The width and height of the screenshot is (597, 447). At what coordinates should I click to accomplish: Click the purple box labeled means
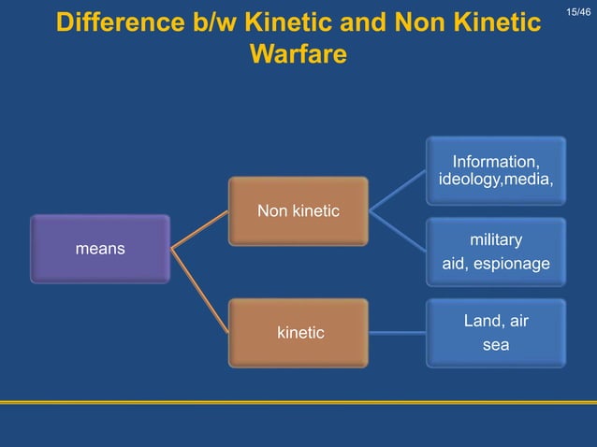[100, 249]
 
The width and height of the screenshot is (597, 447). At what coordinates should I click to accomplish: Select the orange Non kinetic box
[298, 211]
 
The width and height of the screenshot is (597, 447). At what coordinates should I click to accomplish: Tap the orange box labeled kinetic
[299, 332]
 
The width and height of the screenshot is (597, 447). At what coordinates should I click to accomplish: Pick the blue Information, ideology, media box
[496, 170]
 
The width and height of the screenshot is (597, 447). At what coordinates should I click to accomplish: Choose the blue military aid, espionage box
[496, 252]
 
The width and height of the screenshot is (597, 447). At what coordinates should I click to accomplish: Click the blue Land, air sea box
[496, 333]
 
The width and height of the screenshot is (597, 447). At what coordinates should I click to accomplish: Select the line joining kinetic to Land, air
[397, 332]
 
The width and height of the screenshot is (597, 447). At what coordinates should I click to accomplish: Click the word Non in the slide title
[427, 22]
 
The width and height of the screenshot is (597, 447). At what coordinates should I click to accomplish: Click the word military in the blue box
[496, 239]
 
